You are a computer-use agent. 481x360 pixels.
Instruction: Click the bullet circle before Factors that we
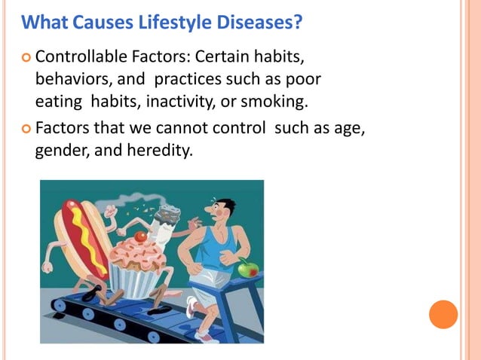pos(26,130)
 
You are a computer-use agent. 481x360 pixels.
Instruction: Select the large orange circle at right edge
pos(443,314)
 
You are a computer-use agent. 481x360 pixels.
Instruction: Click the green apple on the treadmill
pos(247,267)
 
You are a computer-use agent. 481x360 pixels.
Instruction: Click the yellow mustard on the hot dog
pos(82,226)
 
